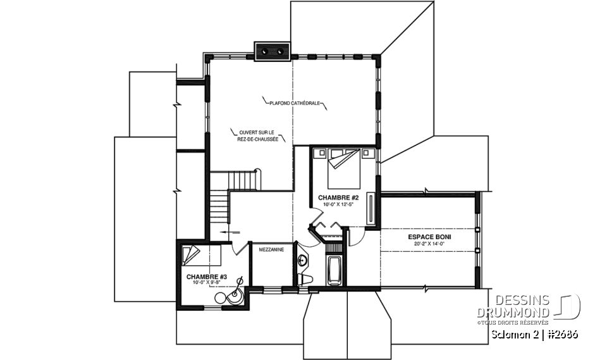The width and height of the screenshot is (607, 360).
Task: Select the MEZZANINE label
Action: click(x=271, y=249)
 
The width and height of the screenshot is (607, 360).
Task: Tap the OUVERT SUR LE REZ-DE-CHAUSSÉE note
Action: click(x=255, y=135)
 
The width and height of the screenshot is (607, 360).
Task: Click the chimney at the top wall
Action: click(x=273, y=51)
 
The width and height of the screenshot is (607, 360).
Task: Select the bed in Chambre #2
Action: click(x=345, y=168)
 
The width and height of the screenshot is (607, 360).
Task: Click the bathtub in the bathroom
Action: click(x=333, y=270)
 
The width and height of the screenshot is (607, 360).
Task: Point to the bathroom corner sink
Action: click(x=303, y=259)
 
